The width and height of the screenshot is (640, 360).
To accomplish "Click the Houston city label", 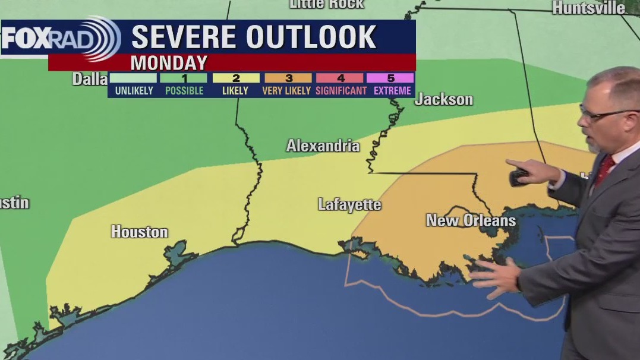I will pyautogui.click(x=139, y=232).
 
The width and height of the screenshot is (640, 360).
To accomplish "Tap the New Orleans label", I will pyautogui.click(x=471, y=220).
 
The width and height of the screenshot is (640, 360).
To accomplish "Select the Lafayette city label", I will pyautogui.click(x=349, y=205).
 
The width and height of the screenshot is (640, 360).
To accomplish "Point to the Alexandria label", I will pyautogui.click(x=323, y=146).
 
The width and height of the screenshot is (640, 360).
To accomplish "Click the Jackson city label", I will pyautogui.click(x=443, y=99).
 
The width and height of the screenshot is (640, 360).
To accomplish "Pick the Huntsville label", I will pyautogui.click(x=588, y=8).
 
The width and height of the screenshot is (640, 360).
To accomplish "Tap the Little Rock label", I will pyautogui.click(x=326, y=4).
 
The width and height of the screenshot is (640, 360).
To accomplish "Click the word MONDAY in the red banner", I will pyautogui.click(x=169, y=62).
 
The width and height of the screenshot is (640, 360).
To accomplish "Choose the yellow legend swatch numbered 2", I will pyautogui.click(x=236, y=78).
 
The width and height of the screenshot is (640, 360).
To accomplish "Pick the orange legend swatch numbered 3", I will pyautogui.click(x=288, y=78).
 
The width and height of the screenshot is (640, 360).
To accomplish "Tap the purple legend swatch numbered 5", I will pyautogui.click(x=390, y=78).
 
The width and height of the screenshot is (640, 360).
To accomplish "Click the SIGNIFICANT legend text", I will pyautogui.click(x=341, y=91).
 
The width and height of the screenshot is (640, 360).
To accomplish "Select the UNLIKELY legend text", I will pyautogui.click(x=134, y=91).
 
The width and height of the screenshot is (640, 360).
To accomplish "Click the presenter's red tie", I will pyautogui.click(x=604, y=170).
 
